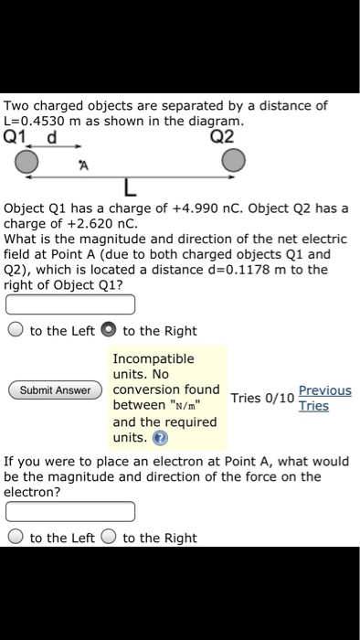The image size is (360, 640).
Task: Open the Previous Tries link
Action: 324,398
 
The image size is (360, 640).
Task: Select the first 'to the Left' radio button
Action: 15,331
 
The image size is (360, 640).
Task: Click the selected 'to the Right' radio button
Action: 107,331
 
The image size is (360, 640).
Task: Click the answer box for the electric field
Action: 71,304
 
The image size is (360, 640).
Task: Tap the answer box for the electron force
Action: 71,510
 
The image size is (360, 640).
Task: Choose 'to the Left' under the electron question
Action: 15,538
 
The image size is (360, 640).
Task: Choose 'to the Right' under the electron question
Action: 107,538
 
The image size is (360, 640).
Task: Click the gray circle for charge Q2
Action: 234,162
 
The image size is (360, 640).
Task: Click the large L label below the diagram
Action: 130,189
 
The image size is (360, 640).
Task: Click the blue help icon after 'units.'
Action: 161,438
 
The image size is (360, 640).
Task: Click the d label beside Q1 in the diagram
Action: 53,138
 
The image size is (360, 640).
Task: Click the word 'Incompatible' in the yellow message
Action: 154,358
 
